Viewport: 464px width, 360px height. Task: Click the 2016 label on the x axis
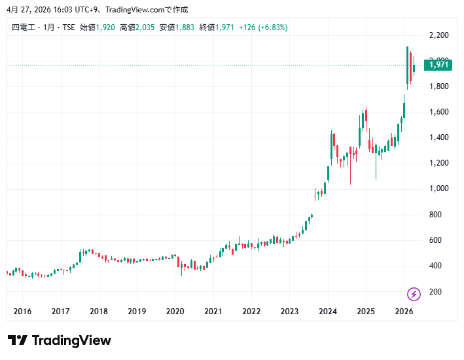22,312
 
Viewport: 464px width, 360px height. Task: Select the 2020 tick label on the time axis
175,312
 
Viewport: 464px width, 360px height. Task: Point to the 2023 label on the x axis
289,312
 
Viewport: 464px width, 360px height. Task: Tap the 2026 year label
404,312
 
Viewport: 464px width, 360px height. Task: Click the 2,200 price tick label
438,35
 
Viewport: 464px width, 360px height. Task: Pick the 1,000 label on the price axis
438,189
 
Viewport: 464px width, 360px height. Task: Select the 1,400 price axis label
438,137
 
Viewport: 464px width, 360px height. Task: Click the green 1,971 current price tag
438,65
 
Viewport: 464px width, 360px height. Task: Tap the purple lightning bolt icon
414,294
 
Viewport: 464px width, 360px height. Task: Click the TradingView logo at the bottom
60,340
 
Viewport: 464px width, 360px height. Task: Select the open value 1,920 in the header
105,27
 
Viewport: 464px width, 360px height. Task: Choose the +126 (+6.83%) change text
263,27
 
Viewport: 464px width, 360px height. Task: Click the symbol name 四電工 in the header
24,27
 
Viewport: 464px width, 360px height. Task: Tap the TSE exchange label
69,27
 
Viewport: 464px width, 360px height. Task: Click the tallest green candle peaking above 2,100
407,65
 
